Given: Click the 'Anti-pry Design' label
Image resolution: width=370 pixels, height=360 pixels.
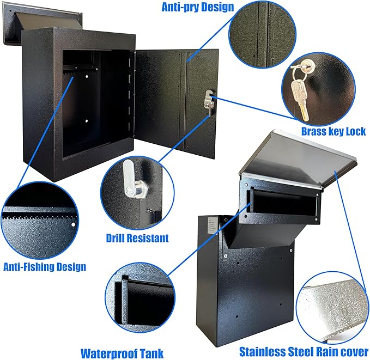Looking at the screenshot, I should [190, 7].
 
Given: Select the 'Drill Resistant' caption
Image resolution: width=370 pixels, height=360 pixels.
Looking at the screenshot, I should [137, 237].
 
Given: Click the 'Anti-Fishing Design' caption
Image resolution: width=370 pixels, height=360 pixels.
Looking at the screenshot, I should [45, 266].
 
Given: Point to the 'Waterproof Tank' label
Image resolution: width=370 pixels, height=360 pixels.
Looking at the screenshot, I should [122, 353].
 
